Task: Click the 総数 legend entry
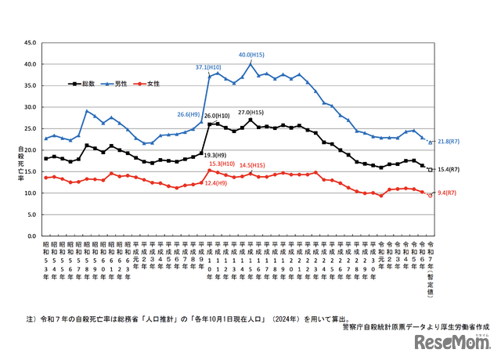[82, 82]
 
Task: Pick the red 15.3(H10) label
[222, 164]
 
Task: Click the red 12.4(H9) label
[215, 183]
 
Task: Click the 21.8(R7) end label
[448, 142]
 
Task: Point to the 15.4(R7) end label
[448, 169]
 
